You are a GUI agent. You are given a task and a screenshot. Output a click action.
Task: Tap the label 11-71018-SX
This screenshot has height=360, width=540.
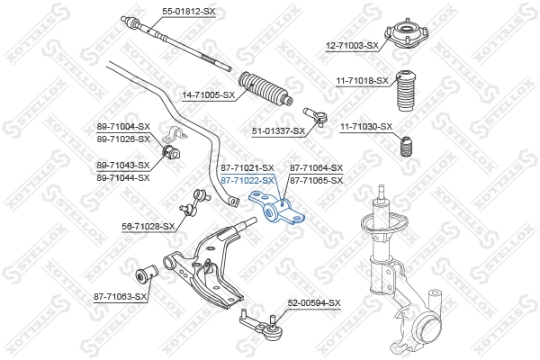(x=363, y=80)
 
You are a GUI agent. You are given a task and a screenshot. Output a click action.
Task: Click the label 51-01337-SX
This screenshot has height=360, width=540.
(x=278, y=131)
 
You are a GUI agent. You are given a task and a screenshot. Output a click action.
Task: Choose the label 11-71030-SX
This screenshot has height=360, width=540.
(x=366, y=126)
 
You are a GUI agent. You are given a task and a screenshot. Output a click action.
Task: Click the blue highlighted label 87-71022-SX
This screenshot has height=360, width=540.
(x=247, y=180)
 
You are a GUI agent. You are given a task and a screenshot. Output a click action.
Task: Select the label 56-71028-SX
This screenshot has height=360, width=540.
(x=148, y=226)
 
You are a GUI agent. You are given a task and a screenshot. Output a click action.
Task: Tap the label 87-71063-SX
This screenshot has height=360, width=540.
(x=120, y=295)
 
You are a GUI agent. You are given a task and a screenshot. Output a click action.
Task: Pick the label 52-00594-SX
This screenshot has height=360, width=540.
(x=314, y=303)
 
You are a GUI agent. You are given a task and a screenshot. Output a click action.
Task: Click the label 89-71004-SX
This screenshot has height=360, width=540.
(x=122, y=127)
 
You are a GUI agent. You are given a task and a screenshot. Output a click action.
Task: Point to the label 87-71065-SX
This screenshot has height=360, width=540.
(x=316, y=180)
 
